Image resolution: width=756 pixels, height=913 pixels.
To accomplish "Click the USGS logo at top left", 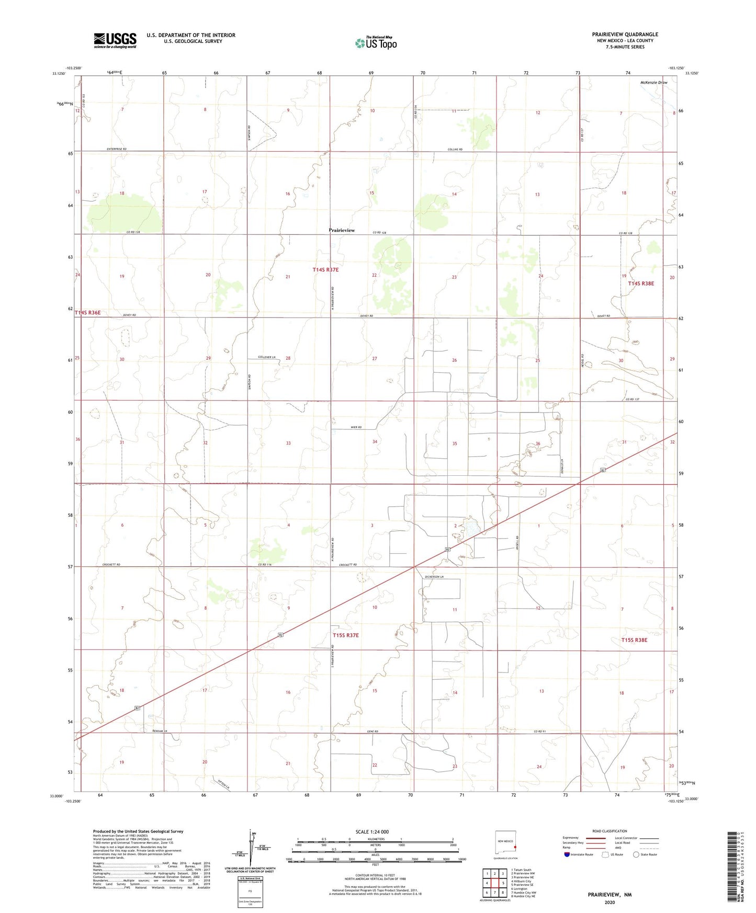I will [115, 40].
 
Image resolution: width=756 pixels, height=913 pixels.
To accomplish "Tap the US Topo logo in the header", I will [376, 42].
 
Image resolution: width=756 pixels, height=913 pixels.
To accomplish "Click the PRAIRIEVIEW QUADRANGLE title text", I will [625, 35].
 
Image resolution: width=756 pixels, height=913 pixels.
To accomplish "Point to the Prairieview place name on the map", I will [342, 230].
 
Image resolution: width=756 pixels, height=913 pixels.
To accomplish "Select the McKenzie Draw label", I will [653, 83].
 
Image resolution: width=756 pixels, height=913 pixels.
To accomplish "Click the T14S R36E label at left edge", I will [87, 313].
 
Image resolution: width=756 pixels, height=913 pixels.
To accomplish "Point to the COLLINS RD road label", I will [455, 149].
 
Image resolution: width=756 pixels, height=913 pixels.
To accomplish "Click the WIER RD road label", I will [356, 428].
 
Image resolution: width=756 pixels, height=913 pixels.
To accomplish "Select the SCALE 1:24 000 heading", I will [372, 831].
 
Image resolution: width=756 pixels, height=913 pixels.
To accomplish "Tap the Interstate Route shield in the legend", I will [568, 854].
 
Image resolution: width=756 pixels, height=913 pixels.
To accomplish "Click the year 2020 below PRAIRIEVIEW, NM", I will [609, 902].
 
